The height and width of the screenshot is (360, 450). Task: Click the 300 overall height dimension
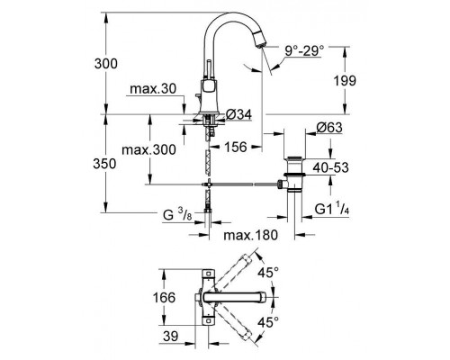(x=106, y=64)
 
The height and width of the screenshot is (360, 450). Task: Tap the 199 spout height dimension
(x=345, y=80)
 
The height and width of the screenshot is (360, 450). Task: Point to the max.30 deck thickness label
(x=153, y=89)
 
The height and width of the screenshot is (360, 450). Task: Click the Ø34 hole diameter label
(x=238, y=114)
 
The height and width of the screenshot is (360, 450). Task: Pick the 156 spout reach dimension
(x=236, y=147)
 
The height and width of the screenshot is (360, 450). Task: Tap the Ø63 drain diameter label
(x=329, y=128)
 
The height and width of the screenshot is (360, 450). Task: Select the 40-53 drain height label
(x=330, y=167)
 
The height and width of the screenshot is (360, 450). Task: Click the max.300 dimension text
(x=148, y=149)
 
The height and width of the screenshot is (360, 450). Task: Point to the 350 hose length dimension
(x=104, y=164)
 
